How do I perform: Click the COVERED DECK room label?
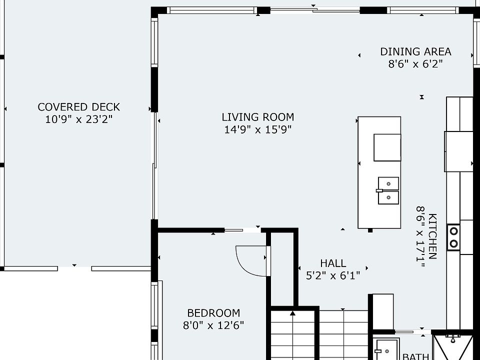78,107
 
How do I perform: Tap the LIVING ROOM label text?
258,117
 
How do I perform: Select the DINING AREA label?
415,51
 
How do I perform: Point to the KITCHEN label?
432,236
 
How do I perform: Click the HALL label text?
333,263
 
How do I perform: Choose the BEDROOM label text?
213,313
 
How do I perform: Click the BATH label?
415,356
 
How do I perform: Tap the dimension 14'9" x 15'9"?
258,129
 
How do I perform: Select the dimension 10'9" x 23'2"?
78,119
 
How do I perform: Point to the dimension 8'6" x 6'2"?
415,64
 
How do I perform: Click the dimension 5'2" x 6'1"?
333,276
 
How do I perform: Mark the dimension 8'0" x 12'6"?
213,325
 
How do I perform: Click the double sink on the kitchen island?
388,190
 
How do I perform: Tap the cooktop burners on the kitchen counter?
453,237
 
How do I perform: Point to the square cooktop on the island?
387,147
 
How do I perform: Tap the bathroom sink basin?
387,349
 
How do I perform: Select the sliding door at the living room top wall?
314,10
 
